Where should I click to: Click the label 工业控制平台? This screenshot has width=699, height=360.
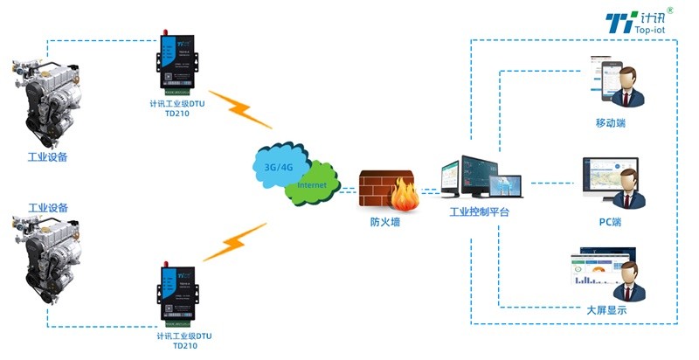[x=479, y=212]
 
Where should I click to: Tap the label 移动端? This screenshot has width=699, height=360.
[x=610, y=123]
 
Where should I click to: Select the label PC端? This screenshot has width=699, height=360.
[x=610, y=222]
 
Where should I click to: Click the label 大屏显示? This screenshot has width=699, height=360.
[x=606, y=310]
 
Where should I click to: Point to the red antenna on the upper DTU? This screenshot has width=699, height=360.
[x=163, y=34]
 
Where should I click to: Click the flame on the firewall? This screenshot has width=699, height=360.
[x=405, y=191]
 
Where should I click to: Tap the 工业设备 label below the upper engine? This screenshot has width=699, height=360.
[x=48, y=157]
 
